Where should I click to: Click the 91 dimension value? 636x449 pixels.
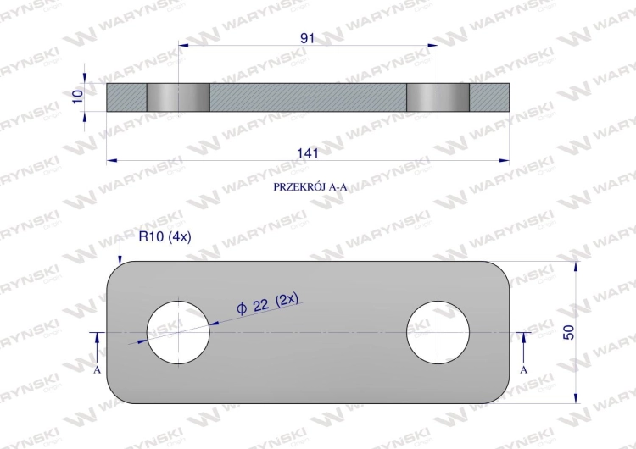click(308, 38)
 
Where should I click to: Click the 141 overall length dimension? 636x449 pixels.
click(308, 153)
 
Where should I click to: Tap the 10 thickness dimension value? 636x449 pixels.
click(77, 96)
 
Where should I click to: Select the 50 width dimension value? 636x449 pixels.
click(569, 332)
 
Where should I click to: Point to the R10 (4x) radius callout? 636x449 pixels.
click(165, 236)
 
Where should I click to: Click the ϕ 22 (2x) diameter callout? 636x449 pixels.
click(267, 303)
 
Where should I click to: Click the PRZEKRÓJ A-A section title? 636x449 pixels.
click(310, 187)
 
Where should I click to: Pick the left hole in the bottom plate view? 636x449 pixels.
click(178, 332)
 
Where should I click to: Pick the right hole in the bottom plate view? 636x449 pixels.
click(438, 332)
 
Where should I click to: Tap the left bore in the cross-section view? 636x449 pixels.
click(178, 97)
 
